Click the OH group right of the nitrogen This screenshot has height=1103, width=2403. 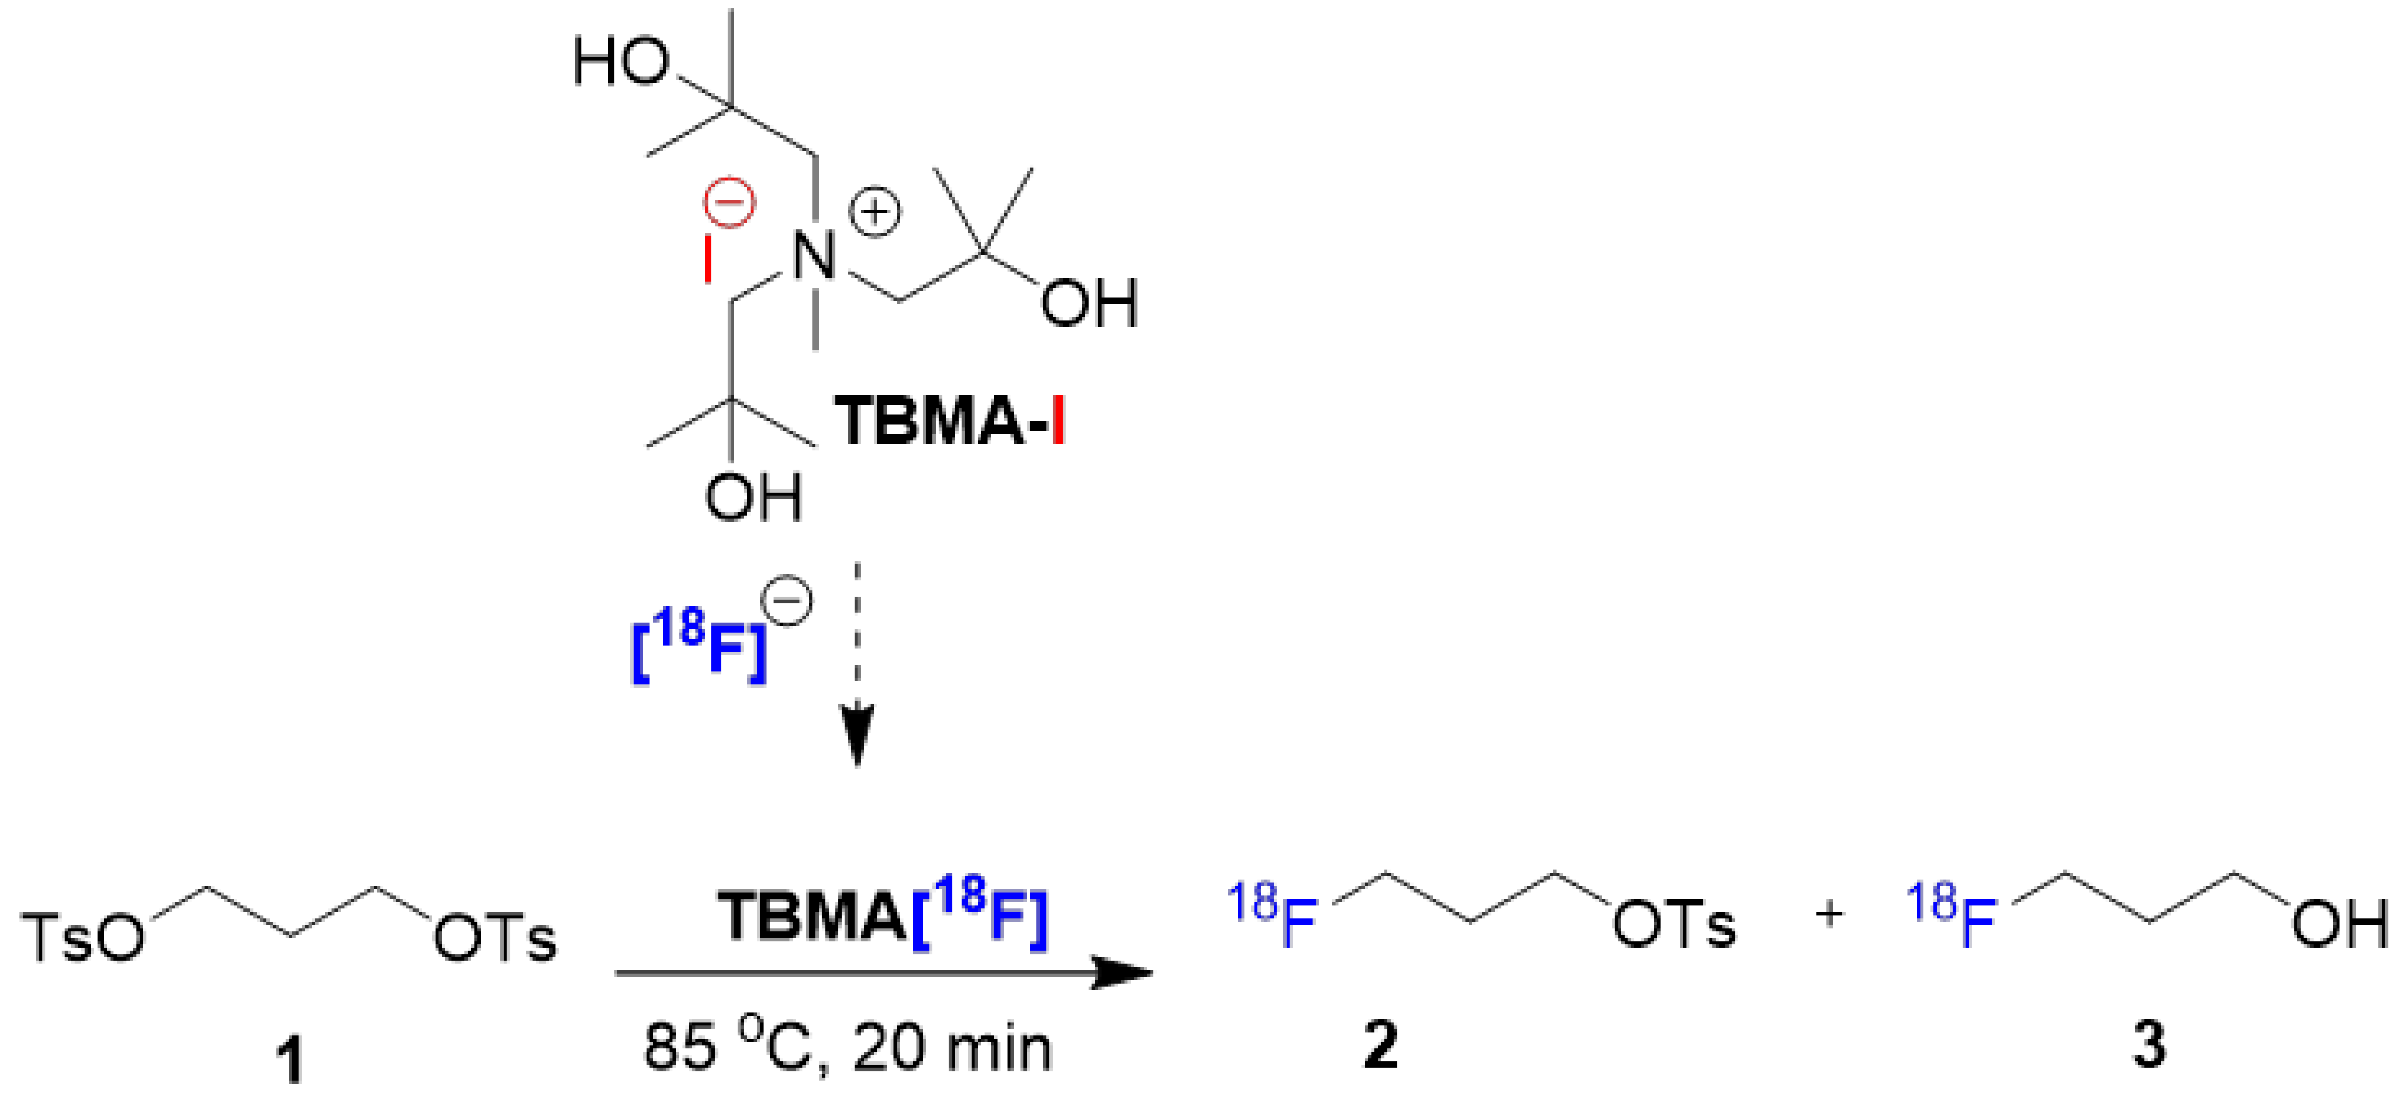(1089, 303)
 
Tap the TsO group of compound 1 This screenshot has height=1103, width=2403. (84, 936)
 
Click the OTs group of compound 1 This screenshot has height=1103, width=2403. (494, 936)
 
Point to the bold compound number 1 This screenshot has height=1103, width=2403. (292, 1061)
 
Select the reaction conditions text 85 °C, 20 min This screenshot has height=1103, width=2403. (847, 1048)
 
